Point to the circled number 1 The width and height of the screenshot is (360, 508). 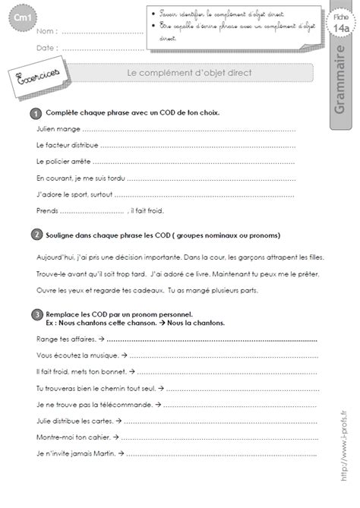[x=36, y=112]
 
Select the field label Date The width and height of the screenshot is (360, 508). [x=46, y=46]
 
